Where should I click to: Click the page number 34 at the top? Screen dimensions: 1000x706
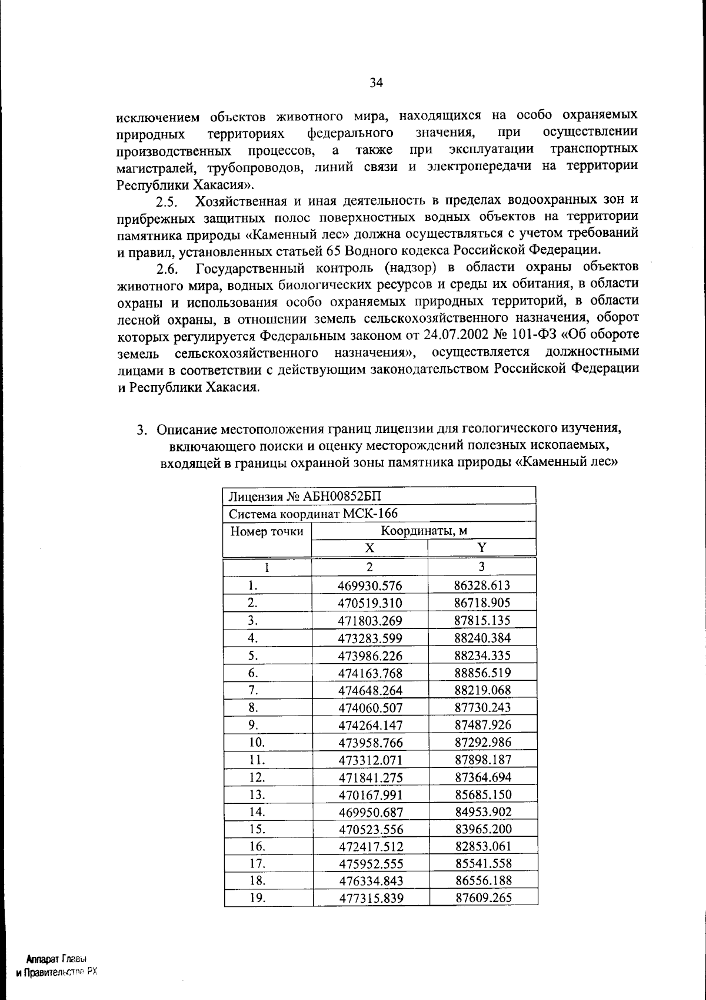click(377, 83)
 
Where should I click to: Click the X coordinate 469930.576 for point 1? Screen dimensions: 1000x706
click(370, 586)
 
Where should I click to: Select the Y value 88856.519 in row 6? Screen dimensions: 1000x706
click(482, 673)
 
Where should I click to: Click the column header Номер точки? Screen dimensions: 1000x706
click(267, 532)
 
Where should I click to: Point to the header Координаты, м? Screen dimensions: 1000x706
click(424, 531)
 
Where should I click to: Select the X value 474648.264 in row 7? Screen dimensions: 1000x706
click(370, 690)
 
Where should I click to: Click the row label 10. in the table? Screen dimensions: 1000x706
click(257, 743)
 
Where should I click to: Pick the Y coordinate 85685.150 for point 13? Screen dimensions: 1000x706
click(483, 794)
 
